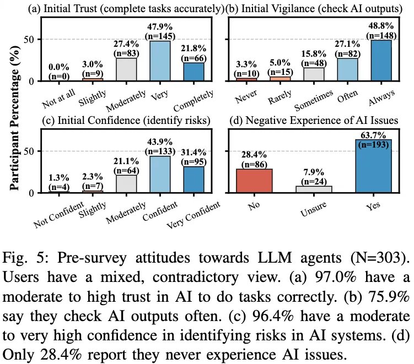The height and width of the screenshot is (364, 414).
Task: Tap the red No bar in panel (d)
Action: [254, 180]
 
